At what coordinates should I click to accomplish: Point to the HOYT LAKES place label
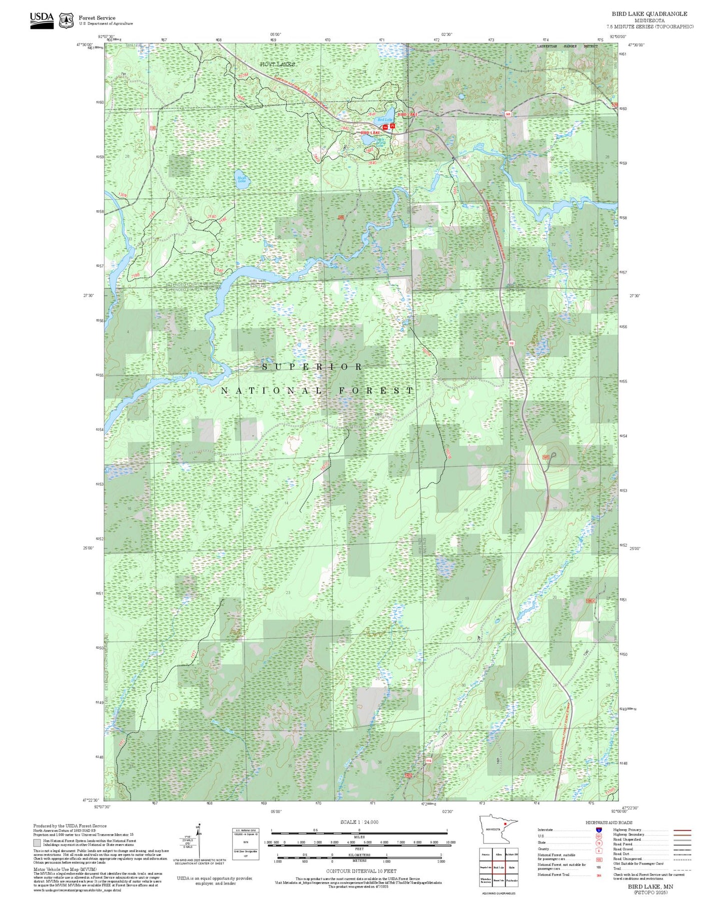click(x=277, y=65)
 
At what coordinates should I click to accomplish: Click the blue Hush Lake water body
click(x=242, y=180)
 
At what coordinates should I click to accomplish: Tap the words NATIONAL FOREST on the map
click(x=317, y=390)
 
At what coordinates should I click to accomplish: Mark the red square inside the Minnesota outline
click(x=506, y=823)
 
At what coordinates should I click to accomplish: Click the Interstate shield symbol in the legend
click(x=598, y=830)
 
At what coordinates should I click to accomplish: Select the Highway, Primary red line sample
click(x=682, y=830)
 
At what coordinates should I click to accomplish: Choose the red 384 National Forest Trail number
click(x=598, y=875)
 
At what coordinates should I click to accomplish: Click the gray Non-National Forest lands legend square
click(x=37, y=843)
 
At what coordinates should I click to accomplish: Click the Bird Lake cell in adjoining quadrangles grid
click(x=498, y=867)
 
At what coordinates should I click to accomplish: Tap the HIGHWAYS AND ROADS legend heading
click(x=608, y=822)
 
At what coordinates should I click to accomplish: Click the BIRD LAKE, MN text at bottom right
click(x=650, y=886)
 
